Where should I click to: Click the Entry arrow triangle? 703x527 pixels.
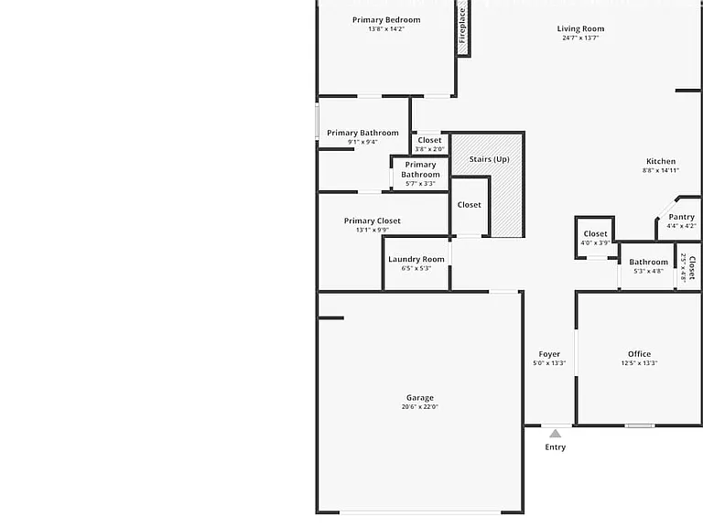tap(555, 434)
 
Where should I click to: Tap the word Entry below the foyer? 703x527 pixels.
tap(555, 447)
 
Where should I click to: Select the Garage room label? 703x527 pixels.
tap(419, 398)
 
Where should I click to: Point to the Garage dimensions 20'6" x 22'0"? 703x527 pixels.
tap(419, 407)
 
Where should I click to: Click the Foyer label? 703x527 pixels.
tap(549, 354)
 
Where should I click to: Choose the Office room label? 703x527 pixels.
tap(639, 354)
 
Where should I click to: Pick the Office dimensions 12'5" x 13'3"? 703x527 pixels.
tap(639, 363)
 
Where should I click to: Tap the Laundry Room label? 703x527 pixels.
tap(416, 259)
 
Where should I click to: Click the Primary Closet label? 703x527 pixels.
tap(373, 220)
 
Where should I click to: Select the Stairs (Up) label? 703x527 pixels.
tap(489, 159)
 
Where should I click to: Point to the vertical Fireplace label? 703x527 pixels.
tap(462, 26)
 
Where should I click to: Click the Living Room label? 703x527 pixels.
tap(580, 28)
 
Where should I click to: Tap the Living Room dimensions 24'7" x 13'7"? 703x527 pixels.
tap(580, 38)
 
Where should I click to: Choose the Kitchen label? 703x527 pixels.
tap(661, 161)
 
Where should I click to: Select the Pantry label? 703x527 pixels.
tap(681, 217)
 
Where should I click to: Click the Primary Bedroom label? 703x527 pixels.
tap(386, 20)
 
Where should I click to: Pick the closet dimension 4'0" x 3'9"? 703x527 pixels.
tap(595, 242)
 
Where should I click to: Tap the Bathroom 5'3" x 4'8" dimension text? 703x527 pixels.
tap(648, 271)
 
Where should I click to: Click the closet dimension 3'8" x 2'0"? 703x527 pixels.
tap(429, 149)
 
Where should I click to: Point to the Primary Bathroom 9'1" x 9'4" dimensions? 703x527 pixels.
tap(362, 142)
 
